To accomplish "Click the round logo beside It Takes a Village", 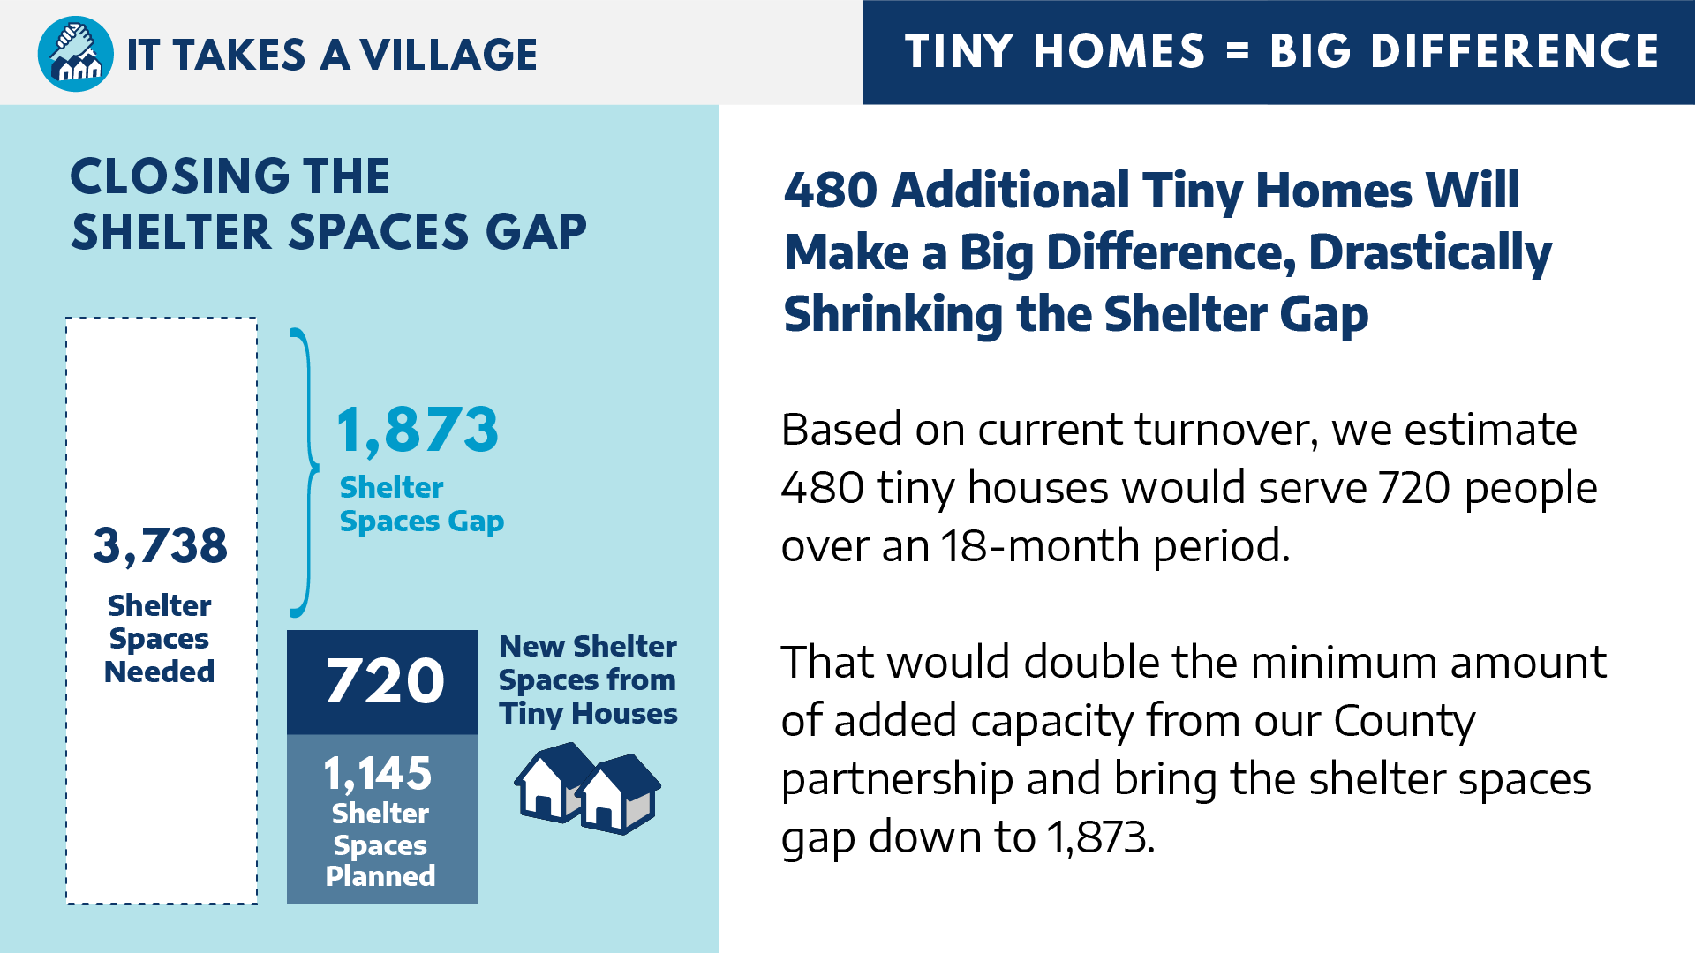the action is point(76,54).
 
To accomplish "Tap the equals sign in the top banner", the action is point(1238,51).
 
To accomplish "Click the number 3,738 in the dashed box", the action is point(161,545).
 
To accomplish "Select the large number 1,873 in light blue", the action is point(418,430).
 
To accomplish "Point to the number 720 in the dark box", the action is point(385,680).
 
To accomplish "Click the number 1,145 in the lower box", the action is point(378,774).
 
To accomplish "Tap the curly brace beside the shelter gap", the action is point(304,473).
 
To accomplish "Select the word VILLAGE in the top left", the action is point(449,55).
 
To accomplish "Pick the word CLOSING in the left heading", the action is point(182,176).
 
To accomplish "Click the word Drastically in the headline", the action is point(1430,253).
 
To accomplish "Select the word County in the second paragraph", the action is point(1404,722).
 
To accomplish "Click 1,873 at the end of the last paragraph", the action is point(1101,837).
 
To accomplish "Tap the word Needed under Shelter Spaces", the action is point(160,672).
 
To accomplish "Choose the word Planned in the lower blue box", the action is point(380,876).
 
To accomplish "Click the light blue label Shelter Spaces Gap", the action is point(422,505).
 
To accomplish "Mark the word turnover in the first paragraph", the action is point(1227,430).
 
